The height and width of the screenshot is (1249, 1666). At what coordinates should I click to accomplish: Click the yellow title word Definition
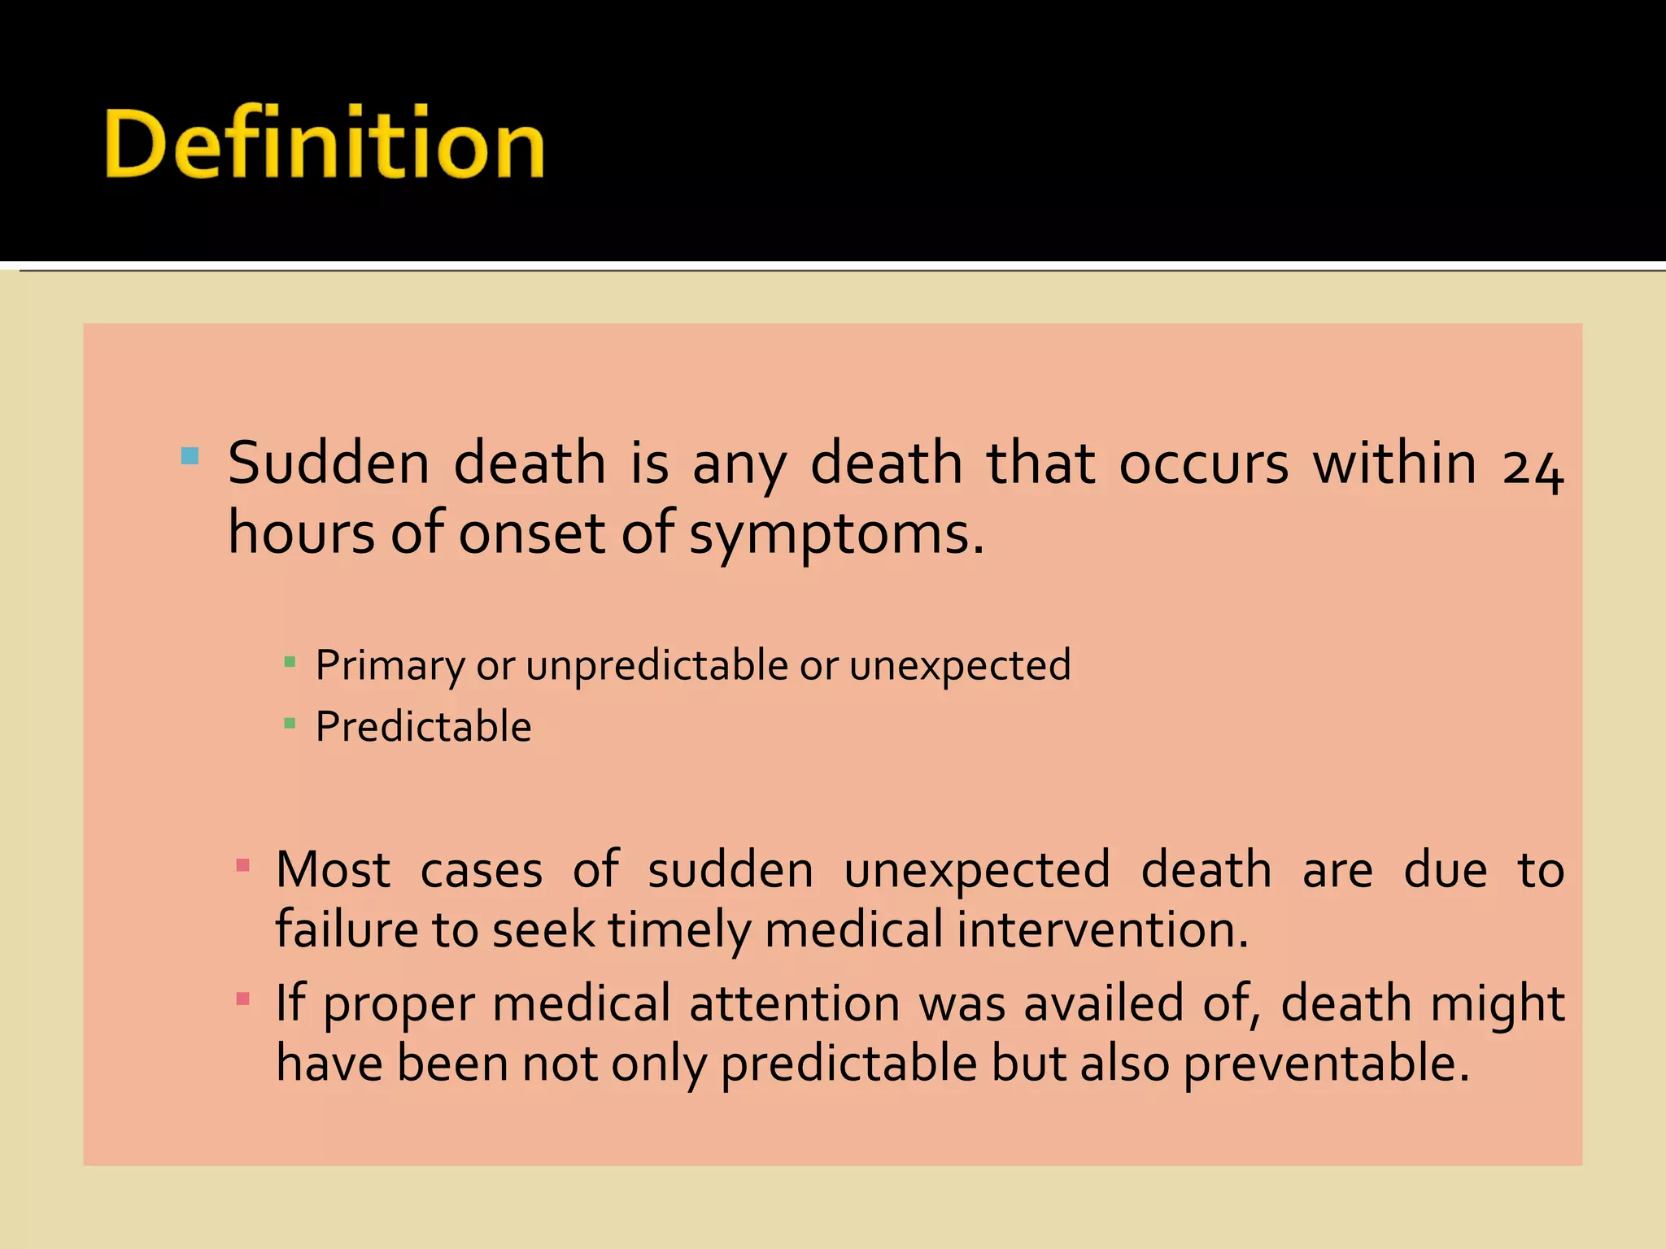pos(324,144)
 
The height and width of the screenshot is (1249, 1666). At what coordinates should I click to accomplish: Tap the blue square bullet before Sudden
pos(190,455)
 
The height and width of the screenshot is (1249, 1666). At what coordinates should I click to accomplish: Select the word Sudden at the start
pos(328,463)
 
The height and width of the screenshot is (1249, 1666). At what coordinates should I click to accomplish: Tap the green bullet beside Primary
pos(290,662)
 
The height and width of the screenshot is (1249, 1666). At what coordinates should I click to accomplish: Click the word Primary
pos(390,666)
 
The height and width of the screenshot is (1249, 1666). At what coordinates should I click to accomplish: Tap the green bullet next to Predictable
pos(290,722)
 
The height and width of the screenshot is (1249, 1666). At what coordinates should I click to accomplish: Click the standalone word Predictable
pos(423,726)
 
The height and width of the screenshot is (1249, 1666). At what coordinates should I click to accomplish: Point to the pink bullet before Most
pos(242,864)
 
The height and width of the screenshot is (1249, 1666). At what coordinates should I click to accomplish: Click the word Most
pos(333,869)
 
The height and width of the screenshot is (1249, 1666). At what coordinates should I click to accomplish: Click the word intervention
pos(1102,929)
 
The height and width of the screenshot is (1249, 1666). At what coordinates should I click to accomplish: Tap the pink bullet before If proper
pos(242,998)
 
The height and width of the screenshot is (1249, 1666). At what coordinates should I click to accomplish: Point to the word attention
pos(794,1003)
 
